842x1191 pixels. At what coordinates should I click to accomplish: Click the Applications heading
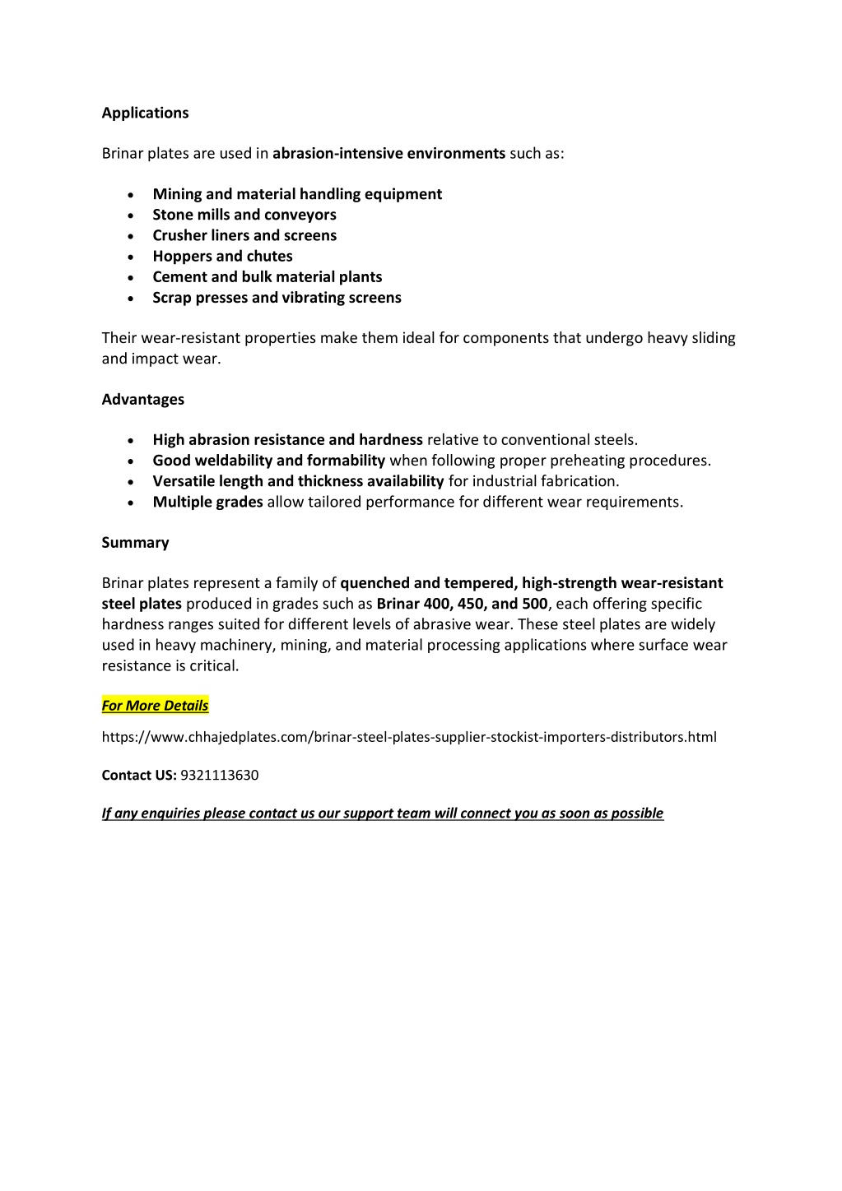[145, 113]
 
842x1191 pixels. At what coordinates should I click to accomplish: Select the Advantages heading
[142, 399]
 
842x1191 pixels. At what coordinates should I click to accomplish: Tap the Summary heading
[135, 542]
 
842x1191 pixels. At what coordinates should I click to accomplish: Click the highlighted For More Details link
[155, 705]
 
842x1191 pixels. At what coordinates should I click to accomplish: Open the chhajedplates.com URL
[409, 737]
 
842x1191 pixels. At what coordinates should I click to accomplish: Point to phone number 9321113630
[219, 775]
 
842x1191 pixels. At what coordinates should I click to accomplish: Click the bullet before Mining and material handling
[131, 195]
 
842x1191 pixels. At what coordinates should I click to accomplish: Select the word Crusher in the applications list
[178, 235]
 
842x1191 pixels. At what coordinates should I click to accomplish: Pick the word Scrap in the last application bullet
[171, 297]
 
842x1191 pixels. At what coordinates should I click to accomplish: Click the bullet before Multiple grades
[131, 503]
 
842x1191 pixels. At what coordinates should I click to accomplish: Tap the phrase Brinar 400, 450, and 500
[462, 603]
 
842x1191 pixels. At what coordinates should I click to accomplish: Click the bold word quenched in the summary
[374, 582]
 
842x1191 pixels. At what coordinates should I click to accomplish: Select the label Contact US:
[139, 775]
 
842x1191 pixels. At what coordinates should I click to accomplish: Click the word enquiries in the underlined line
[170, 813]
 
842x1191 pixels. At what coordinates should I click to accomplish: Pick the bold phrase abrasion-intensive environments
[388, 153]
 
